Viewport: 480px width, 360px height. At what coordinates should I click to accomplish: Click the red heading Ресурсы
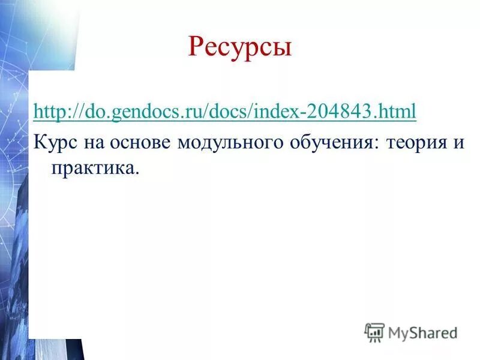[x=240, y=46]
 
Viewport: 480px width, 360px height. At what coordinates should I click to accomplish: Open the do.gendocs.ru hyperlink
[x=225, y=111]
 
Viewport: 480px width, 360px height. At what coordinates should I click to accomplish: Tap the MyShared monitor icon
[x=374, y=332]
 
